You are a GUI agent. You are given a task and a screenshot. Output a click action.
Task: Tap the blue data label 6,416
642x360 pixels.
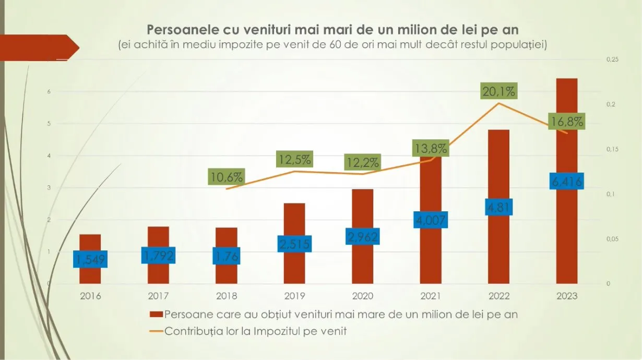coord(566,182)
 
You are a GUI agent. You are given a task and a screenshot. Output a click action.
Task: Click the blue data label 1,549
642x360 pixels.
coord(90,259)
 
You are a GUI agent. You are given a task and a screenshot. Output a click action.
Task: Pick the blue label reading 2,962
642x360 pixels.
coord(362,236)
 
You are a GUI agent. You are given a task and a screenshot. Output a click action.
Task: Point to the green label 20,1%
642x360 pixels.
coord(498,92)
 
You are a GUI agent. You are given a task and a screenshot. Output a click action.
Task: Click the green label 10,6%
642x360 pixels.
coord(226,177)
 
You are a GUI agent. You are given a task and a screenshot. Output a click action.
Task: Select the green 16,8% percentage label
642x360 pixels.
coord(566,122)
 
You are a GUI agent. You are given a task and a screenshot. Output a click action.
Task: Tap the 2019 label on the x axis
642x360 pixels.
coord(294,296)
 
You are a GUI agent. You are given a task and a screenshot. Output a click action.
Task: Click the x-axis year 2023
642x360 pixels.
coord(566,296)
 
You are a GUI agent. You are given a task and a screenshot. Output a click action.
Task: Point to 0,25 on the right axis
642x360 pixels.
coord(612,60)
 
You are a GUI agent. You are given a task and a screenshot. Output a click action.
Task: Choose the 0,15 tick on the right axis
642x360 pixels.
coord(612,150)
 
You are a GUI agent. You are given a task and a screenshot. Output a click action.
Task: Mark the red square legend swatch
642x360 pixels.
coord(156,315)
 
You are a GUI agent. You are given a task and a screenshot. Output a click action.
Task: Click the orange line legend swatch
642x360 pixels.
coord(156,331)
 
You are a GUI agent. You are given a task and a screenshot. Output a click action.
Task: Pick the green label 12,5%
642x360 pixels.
coord(294,160)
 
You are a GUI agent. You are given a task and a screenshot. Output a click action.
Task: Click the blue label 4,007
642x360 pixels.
coord(430,220)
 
